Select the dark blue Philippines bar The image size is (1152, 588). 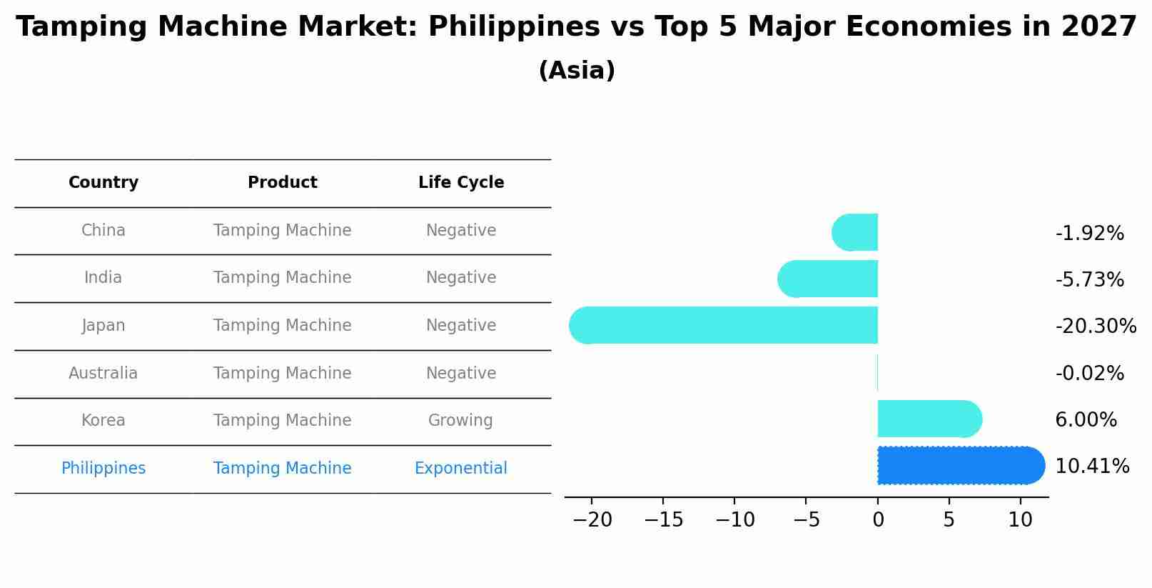(961, 465)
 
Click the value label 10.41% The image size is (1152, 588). (1092, 467)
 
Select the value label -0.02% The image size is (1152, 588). (1089, 373)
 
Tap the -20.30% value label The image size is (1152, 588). (1096, 327)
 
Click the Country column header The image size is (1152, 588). (103, 183)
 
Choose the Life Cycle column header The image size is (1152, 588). (461, 183)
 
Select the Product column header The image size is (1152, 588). (282, 183)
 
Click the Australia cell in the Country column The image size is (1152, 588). (103, 373)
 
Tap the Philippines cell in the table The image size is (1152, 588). (103, 469)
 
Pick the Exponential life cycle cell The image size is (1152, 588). (461, 469)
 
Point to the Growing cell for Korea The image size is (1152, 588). (461, 421)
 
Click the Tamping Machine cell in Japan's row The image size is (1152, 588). (282, 326)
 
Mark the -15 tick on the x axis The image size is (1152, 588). (663, 520)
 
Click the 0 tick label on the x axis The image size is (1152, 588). (878, 520)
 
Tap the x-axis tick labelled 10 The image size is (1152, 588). (1021, 520)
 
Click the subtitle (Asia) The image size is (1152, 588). (577, 71)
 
